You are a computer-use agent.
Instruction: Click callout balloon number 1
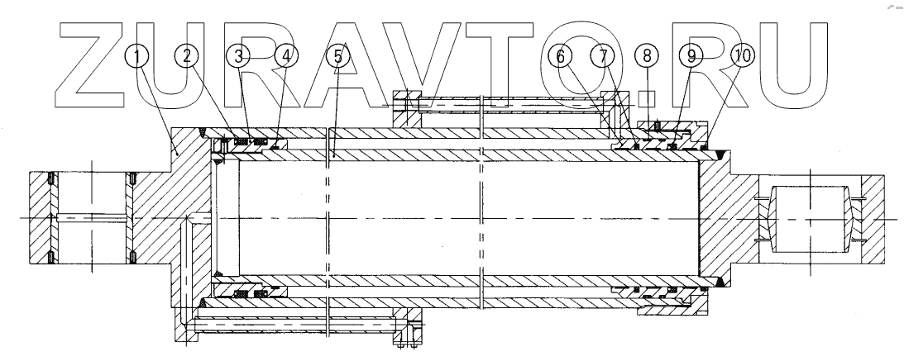point(139,56)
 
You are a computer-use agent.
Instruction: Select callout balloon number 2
point(188,56)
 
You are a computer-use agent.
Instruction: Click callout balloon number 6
point(560,56)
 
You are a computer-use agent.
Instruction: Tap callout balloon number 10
point(742,56)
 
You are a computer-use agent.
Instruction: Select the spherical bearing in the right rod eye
point(811,218)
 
